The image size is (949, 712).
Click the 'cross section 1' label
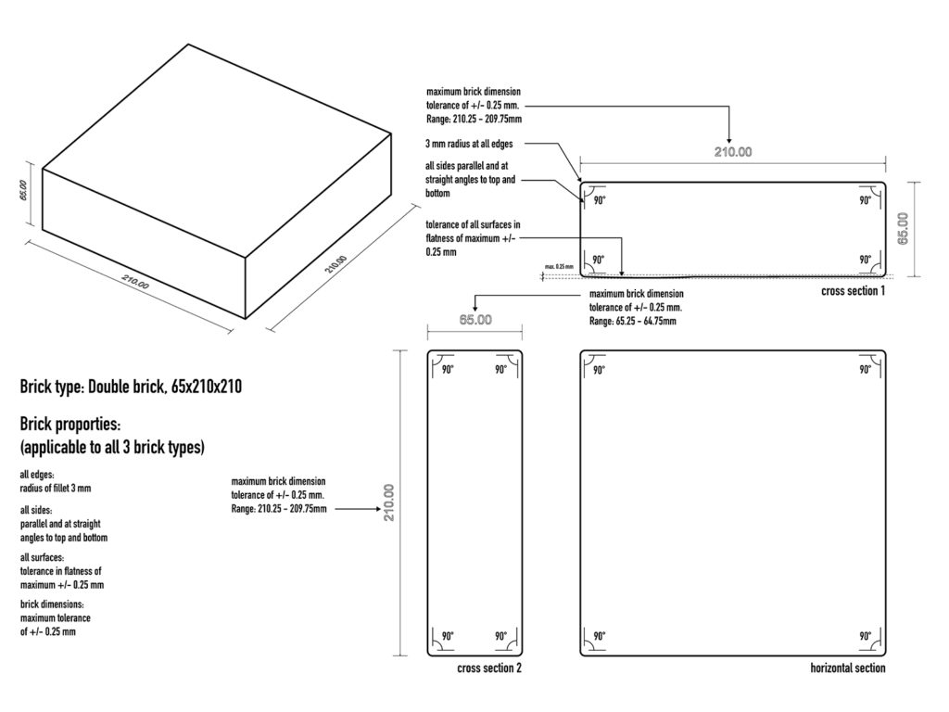[853, 291]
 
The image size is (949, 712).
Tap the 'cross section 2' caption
[489, 668]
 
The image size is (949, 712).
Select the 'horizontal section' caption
[847, 668]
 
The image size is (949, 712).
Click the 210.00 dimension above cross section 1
[733, 152]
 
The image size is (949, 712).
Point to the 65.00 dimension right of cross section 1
[903, 228]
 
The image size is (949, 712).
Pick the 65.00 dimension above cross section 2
[475, 320]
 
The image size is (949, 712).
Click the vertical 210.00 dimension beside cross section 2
[388, 502]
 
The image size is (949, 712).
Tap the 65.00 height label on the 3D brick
[23, 190]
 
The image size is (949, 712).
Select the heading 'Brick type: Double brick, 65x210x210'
[131, 387]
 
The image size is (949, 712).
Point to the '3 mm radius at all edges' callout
[469, 144]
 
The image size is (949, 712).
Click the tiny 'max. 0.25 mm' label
[559, 266]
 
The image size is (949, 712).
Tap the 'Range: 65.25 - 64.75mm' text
[632, 322]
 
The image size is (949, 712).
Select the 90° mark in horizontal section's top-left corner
[599, 370]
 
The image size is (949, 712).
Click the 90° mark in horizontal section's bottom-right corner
[866, 636]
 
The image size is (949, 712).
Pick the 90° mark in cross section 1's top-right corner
[866, 200]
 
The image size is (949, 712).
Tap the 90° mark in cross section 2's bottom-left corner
[448, 636]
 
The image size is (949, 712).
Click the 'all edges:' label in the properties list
[37, 475]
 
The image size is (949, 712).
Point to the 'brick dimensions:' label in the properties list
[52, 604]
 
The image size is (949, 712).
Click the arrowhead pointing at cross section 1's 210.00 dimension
[728, 140]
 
